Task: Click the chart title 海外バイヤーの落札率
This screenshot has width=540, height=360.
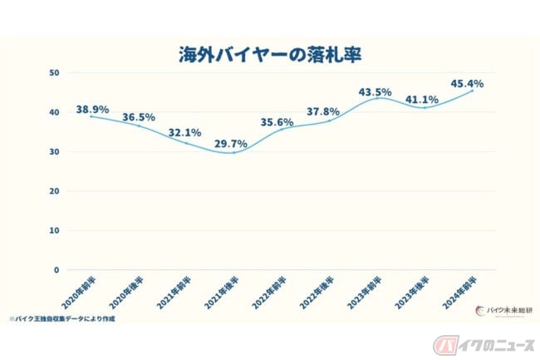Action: pyautogui.click(x=271, y=55)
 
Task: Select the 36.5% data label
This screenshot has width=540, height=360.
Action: pyautogui.click(x=140, y=117)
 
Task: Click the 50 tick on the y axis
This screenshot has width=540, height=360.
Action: pyautogui.click(x=54, y=73)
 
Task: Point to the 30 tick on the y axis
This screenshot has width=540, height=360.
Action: pyautogui.click(x=54, y=152)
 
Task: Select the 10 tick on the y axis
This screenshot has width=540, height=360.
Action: pyautogui.click(x=54, y=230)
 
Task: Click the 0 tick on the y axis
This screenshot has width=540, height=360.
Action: pyautogui.click(x=56, y=270)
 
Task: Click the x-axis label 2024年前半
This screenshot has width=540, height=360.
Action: pyautogui.click(x=454, y=290)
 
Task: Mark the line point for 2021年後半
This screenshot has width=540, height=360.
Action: pyautogui.click(x=233, y=152)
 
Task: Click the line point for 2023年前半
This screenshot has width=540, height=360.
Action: pyautogui.click(x=378, y=98)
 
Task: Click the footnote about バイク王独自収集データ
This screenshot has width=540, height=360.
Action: pyautogui.click(x=62, y=318)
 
